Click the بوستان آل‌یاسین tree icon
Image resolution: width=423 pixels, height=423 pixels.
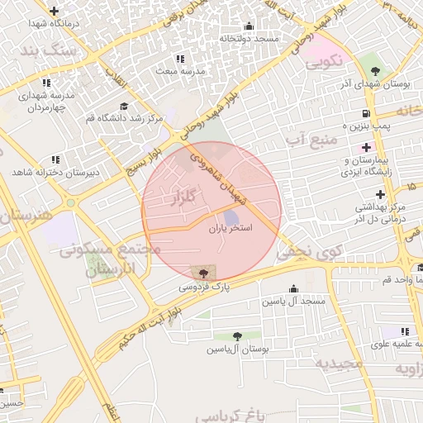tap(238, 336)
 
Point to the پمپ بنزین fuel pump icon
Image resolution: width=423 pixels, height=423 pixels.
tap(364, 113)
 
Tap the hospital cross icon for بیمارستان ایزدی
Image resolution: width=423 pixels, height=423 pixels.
tap(366, 147)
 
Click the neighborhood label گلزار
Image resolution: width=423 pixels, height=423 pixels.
tap(181, 198)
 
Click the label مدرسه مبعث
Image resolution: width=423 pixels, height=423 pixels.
tap(180, 72)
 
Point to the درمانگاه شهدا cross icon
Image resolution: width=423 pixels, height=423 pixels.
tap(55, 12)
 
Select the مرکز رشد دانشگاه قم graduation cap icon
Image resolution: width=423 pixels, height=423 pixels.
tap(124, 106)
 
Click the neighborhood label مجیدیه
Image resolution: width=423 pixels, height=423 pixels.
tap(340, 363)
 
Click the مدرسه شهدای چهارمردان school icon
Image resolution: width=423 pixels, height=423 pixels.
tap(45, 83)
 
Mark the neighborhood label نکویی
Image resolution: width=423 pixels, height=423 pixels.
tap(324, 62)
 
